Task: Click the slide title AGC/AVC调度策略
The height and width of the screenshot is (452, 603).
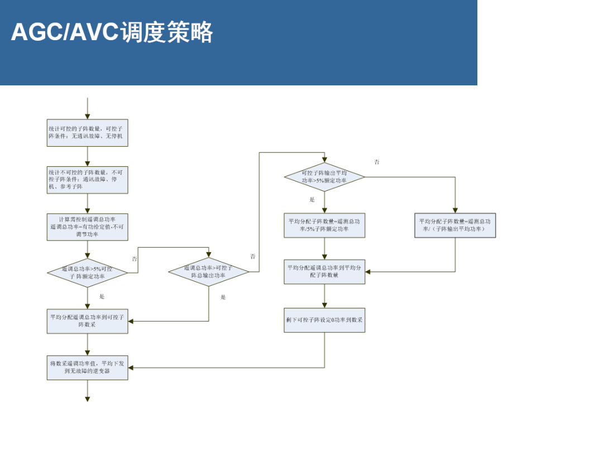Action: (x=112, y=32)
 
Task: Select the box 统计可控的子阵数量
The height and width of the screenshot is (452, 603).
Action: (x=87, y=133)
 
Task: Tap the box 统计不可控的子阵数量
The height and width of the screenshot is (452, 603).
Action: (x=87, y=180)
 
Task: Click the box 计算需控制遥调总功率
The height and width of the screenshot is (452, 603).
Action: (x=87, y=227)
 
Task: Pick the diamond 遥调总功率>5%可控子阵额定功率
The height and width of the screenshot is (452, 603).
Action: (x=87, y=272)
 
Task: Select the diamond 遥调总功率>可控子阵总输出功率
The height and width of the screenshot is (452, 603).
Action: (x=209, y=272)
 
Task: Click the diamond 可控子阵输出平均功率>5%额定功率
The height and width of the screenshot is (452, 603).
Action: (x=324, y=177)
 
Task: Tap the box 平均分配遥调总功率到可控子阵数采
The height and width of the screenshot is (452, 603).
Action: (x=87, y=320)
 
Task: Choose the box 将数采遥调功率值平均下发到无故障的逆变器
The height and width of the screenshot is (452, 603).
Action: (x=87, y=367)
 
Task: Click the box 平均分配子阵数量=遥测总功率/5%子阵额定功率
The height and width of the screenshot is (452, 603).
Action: (x=324, y=225)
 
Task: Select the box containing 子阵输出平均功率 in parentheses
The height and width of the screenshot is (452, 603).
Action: (x=455, y=225)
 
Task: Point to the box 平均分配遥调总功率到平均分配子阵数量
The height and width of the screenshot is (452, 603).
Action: (x=324, y=271)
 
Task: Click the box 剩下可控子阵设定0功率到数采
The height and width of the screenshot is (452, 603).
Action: (x=324, y=320)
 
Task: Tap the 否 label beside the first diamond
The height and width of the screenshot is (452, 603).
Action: (x=134, y=259)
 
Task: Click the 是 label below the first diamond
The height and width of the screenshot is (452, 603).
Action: (x=102, y=296)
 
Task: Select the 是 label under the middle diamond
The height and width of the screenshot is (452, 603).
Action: (x=223, y=297)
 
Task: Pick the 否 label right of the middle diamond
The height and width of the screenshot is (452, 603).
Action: (x=253, y=257)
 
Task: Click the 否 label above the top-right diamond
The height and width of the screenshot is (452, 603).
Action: (x=377, y=162)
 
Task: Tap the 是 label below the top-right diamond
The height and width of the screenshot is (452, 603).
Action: (x=312, y=199)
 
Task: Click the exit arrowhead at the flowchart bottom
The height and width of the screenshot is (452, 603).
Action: (x=87, y=398)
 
